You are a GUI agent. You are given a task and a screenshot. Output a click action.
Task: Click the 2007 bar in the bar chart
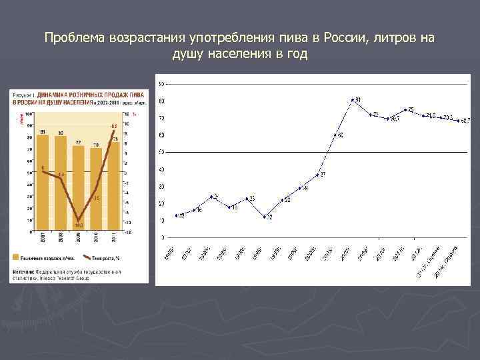42,183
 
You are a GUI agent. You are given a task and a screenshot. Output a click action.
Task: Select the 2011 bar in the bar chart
114,187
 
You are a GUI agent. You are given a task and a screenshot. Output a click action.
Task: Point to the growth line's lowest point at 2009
78,220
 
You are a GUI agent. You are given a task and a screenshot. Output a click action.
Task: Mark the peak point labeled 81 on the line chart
353,100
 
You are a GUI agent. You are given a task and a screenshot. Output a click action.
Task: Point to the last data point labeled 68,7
458,121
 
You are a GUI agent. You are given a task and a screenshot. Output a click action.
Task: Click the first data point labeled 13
177,215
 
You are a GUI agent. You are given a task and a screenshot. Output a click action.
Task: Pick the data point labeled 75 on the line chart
405,109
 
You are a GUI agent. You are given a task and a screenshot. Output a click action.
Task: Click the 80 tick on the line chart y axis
161,101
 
